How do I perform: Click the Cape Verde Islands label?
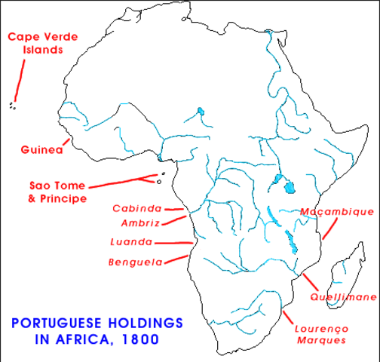35,43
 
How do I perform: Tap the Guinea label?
40,149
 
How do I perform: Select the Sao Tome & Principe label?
58,192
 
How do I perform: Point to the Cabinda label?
138,208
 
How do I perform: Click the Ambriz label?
141,223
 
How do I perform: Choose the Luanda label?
131,242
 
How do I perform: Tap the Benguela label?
135,262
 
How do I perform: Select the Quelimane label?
342,298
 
